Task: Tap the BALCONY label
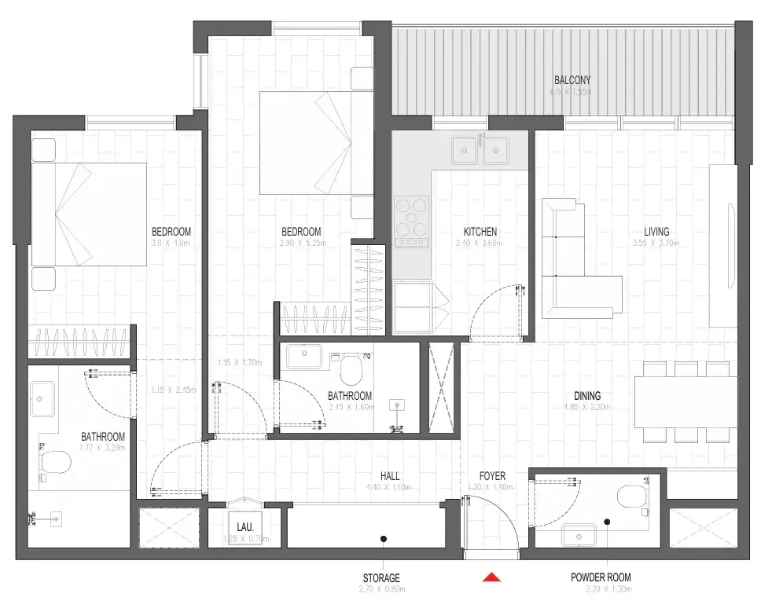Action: point(572,80)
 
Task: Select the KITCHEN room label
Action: point(480,232)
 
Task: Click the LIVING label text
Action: point(656,232)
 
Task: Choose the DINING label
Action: point(586,396)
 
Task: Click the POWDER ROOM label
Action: point(601,577)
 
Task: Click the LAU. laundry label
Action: point(243,527)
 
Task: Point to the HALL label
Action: point(389,476)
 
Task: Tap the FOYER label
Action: point(492,476)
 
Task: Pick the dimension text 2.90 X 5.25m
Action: point(301,243)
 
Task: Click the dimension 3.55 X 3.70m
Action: point(656,243)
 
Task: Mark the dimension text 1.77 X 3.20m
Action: point(103,448)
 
